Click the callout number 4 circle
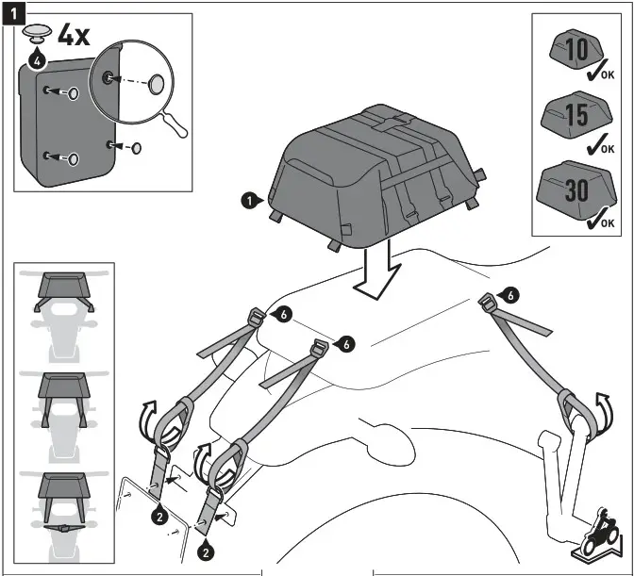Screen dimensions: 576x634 coord(36,60)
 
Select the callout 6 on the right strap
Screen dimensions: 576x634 coord(510,295)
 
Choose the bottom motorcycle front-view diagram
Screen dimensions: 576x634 coord(63,504)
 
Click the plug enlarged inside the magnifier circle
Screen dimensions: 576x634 coord(157,84)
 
